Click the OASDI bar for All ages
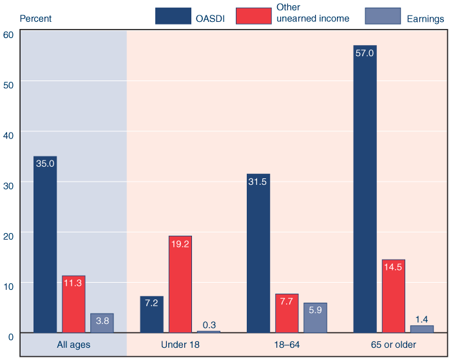pyautogui.click(x=45, y=245)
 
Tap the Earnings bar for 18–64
pyautogui.click(x=315, y=317)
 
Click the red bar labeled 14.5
pyautogui.click(x=393, y=296)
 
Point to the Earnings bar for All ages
pyautogui.click(x=102, y=323)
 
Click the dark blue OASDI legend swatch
pyautogui.click(x=173, y=16)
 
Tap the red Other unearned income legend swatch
pyautogui.click(x=253, y=16)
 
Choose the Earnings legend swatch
pyautogui.click(x=384, y=16)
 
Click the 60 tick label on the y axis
pyautogui.click(x=8, y=34)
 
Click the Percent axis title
pyautogui.click(x=35, y=19)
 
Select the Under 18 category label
pyautogui.click(x=180, y=345)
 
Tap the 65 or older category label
pyautogui.click(x=393, y=345)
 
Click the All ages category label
pyautogui.click(x=73, y=345)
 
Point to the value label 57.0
pyautogui.click(x=365, y=53)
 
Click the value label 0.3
pyautogui.click(x=209, y=325)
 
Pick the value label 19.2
pyautogui.click(x=180, y=244)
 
